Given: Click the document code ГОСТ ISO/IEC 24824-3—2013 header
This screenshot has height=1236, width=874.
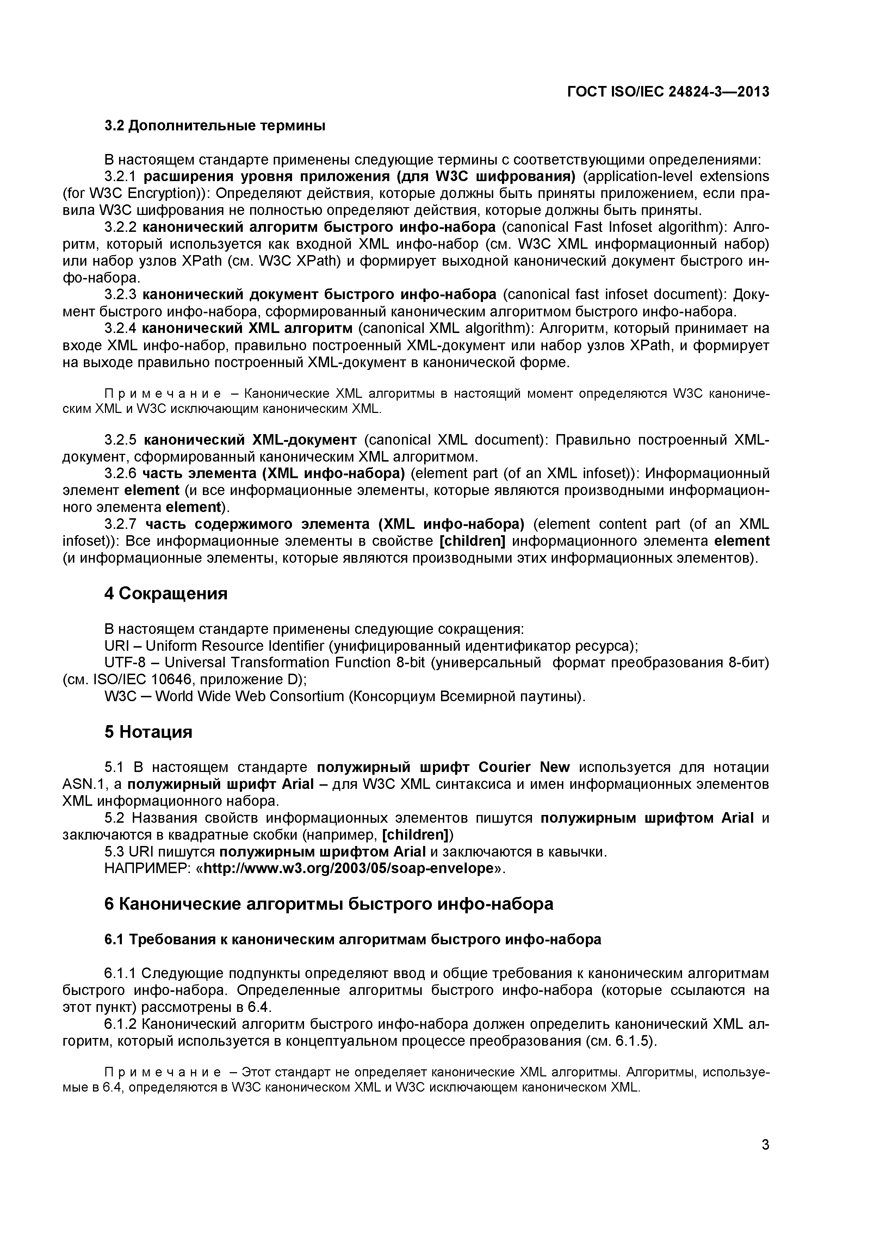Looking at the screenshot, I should pos(668,92).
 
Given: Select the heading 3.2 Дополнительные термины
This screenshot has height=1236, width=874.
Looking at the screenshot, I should pos(215,126).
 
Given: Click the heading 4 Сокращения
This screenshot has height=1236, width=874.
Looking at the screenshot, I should pos(166,594).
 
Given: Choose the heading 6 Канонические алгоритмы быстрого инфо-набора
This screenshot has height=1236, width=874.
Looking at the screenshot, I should pos(328,904).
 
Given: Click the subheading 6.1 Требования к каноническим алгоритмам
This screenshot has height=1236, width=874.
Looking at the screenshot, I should pos(353,939).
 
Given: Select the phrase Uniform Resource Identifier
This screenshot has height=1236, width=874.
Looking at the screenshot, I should pos(235,646).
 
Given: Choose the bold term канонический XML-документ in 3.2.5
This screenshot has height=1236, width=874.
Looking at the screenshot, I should pos(250,440).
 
